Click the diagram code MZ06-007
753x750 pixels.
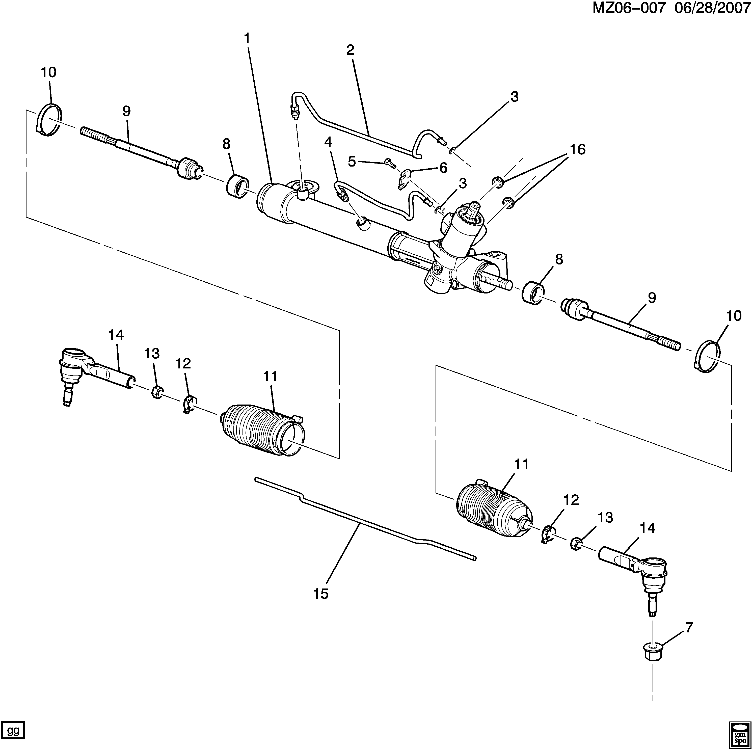click(x=628, y=9)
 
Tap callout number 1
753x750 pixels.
click(x=247, y=39)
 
